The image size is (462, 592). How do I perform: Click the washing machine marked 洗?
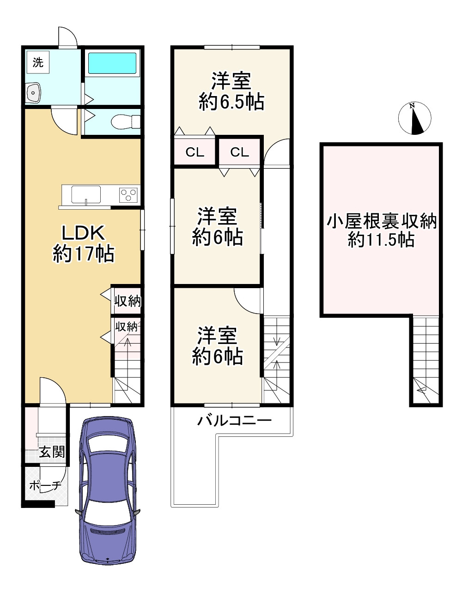38,62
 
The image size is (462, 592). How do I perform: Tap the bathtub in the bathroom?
112,63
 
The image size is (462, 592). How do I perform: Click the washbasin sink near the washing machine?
34,93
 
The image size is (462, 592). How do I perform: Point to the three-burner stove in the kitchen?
128,195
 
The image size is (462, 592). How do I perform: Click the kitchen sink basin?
86,194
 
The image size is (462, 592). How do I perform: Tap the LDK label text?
84,233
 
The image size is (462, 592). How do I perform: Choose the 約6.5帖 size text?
231,102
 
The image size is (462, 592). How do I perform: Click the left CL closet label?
195,152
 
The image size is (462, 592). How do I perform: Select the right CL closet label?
240,152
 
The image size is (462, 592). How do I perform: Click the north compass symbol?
414,118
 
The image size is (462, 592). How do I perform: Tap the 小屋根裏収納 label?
382,222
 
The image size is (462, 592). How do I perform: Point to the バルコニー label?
234,420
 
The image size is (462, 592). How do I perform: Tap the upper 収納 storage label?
128,302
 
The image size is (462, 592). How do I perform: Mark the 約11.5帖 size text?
382,240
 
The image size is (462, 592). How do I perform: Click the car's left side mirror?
79,512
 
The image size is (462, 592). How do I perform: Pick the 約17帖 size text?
84,254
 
